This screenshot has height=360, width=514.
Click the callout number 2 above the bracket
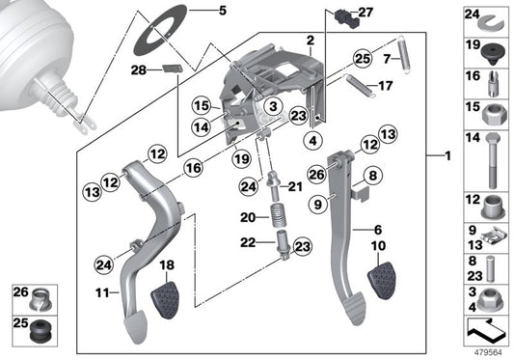pyautogui.click(x=310, y=40)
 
